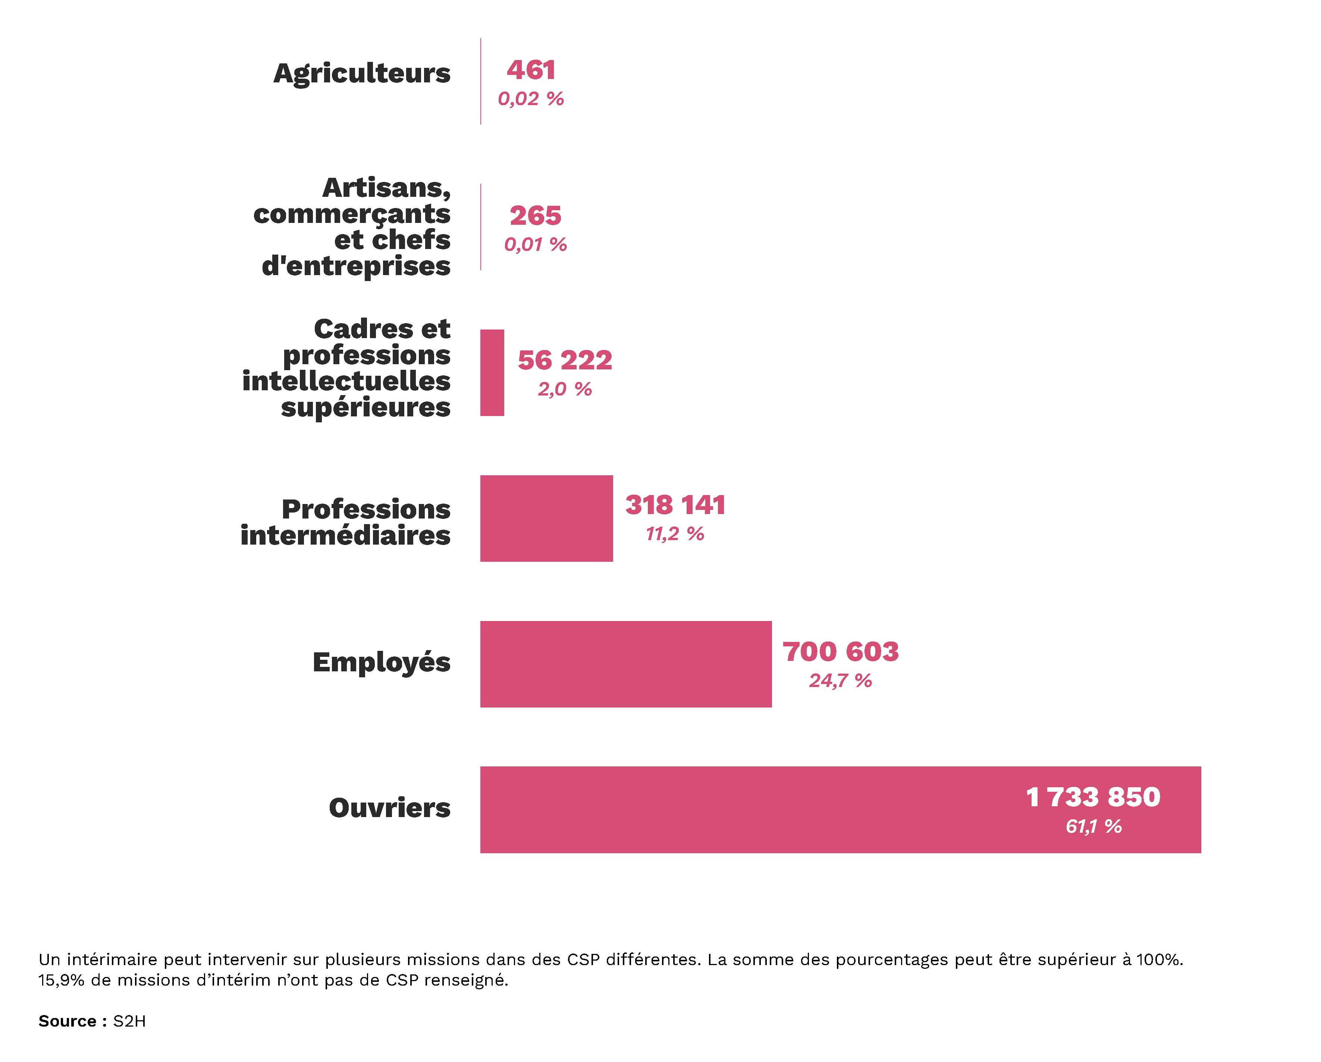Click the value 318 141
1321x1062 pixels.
pos(675,505)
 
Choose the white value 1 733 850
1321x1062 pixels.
pos(1093,797)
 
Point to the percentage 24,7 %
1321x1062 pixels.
pos(840,680)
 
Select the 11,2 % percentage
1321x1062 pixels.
pos(675,534)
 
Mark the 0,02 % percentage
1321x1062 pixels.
pos(531,99)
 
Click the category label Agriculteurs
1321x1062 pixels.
pos(361,73)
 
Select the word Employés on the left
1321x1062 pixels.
pos(381,663)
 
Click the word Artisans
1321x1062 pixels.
pos(386,187)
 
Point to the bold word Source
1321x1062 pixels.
pos(68,1021)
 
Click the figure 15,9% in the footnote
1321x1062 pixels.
pos(61,980)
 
